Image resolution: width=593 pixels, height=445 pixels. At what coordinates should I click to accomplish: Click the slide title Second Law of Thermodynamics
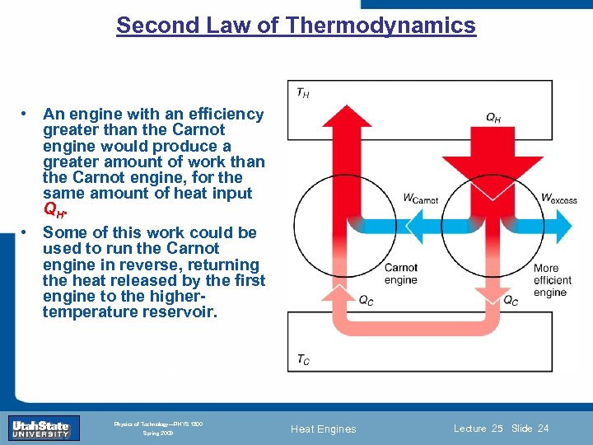pos(296,26)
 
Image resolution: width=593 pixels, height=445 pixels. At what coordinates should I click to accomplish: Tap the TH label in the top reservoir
pos(303,94)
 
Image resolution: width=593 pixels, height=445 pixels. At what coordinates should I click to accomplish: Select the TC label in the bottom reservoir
pos(303,359)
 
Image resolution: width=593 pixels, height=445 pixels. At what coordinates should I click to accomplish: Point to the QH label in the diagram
pos(493,118)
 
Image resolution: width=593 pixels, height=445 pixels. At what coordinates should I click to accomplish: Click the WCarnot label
pos(420,198)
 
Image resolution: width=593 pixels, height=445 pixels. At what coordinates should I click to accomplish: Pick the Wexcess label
pos(558,198)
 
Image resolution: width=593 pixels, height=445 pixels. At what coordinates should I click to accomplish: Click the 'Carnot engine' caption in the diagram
pos(401,274)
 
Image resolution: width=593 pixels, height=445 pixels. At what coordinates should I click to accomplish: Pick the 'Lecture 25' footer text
pos(478,429)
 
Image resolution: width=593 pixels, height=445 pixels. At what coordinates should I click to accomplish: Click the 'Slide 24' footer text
pos(530,429)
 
